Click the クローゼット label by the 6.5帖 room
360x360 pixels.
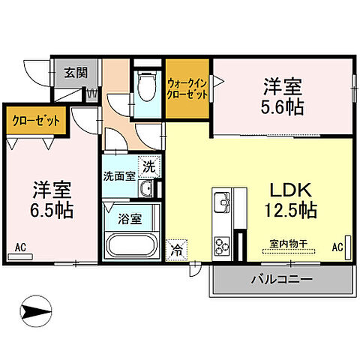tap(36, 120)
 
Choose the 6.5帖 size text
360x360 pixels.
tap(52, 211)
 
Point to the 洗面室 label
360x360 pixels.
tap(119, 177)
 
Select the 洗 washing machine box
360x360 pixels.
tap(149, 165)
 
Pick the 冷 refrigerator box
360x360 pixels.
tap(177, 250)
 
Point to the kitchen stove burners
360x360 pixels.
tap(223, 244)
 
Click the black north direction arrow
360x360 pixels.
tap(37, 309)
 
